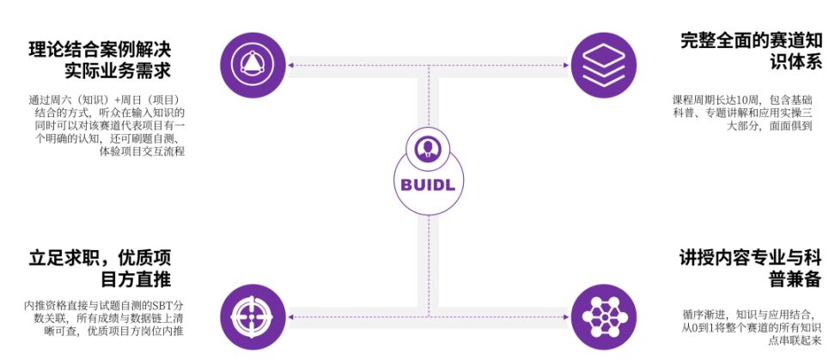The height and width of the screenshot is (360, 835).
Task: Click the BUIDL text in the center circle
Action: pyautogui.click(x=429, y=184)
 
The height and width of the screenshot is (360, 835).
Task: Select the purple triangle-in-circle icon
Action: pyautogui.click(x=253, y=65)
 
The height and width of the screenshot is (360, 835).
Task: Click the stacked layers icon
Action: pyautogui.click(x=603, y=65)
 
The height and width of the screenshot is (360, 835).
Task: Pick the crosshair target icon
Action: pyautogui.click(x=253, y=317)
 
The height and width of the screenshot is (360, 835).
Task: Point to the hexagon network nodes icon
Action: pyautogui.click(x=603, y=317)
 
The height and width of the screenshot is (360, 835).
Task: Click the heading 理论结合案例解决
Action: pyautogui.click(x=101, y=49)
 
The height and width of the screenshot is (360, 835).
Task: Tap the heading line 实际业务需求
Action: pyautogui.click(x=119, y=71)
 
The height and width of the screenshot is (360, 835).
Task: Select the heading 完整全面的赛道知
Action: pyautogui.click(x=752, y=41)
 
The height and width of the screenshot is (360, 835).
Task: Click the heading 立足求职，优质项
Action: pyautogui.click(x=101, y=259)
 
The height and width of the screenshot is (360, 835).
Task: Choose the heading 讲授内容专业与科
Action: pyautogui.click(x=752, y=259)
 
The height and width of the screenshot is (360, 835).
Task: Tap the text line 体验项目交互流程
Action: pyautogui.click(x=143, y=151)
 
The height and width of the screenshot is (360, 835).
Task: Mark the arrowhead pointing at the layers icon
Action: pyautogui.click(x=567, y=65)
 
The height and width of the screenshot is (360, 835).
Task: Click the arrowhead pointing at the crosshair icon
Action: pyautogui.click(x=290, y=317)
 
